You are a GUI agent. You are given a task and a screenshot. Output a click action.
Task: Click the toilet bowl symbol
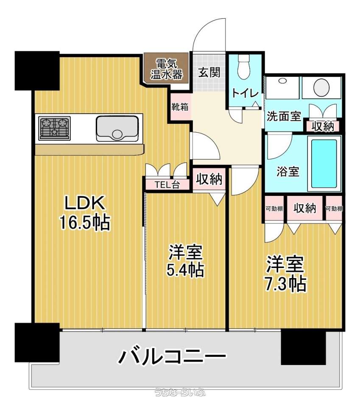(244, 67)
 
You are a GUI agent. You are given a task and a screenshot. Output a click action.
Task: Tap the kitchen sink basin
(117, 128)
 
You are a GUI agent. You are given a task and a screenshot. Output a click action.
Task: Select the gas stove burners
(55, 128)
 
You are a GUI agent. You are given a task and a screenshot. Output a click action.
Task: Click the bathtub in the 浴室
(324, 164)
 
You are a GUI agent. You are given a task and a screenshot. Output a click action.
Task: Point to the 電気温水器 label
(167, 69)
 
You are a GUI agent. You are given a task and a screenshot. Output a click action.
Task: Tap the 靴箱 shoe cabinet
(180, 107)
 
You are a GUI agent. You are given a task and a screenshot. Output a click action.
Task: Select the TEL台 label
(167, 185)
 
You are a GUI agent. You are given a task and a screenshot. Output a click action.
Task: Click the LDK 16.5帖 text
(85, 213)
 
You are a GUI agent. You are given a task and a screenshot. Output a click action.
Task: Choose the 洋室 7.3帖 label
(285, 274)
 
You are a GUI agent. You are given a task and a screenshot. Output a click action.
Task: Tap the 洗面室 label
(284, 116)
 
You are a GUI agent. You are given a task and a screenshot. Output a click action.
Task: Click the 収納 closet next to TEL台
(209, 179)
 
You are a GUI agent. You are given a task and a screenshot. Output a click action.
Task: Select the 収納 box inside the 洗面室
(323, 126)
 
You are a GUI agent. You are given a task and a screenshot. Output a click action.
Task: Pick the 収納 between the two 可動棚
(305, 208)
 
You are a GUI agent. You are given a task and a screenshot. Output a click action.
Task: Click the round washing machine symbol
(321, 87)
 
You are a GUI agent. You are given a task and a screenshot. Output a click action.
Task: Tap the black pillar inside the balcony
(303, 347)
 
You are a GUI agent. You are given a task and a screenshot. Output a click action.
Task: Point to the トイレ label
(245, 93)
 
